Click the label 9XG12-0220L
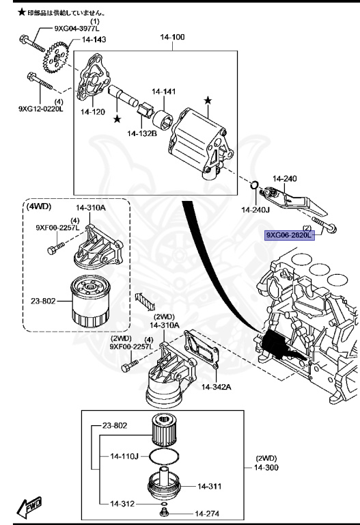tap(40, 108)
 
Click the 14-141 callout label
tap(164, 91)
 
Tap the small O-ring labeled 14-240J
tap(254, 185)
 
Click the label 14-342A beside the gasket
tap(217, 386)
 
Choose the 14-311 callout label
tap(211, 487)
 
